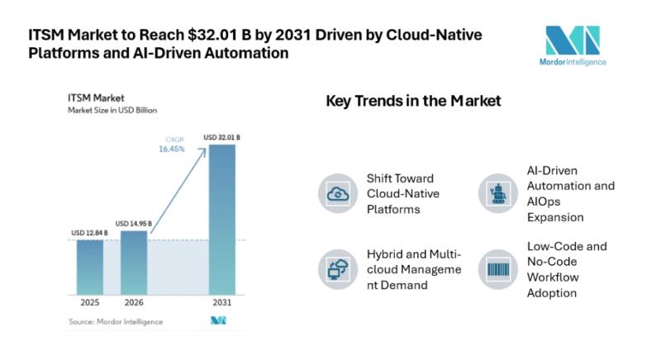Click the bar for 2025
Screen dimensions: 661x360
coord(90,268)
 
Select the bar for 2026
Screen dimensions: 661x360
coord(134,263)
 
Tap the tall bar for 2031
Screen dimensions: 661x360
coord(222,220)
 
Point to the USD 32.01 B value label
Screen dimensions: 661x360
coord(221,137)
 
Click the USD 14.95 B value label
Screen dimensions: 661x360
coord(134,224)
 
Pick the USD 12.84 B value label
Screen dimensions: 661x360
coord(89,233)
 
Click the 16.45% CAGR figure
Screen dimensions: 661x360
coord(172,149)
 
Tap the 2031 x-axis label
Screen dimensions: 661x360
coord(222,302)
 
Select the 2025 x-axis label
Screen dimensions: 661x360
coord(90,302)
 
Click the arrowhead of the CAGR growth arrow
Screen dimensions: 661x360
coord(203,151)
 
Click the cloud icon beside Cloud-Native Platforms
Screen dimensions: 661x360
coord(338,194)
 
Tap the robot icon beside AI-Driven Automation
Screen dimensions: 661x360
coord(498,194)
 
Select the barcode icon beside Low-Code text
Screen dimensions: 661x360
coord(498,269)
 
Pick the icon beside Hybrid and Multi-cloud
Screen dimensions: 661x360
coord(338,269)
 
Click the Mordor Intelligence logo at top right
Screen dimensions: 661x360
coord(573,45)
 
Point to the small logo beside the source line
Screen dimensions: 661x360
coord(218,321)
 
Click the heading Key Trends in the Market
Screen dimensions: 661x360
coord(414,101)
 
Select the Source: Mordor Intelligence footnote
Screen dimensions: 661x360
coord(116,322)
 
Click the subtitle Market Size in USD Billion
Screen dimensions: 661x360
coord(112,111)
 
